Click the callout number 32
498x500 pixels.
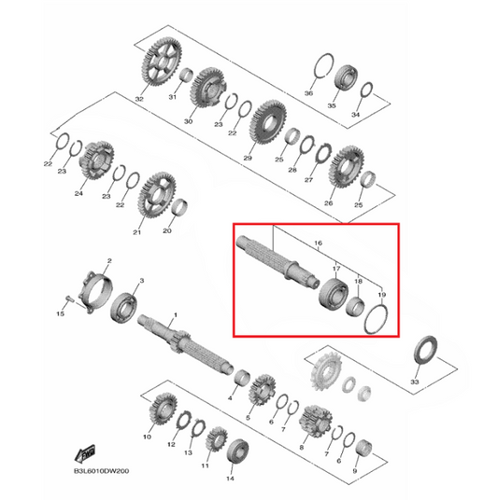coord(139,98)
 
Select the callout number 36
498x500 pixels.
coord(309,93)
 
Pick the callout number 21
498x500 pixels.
coord(137,231)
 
